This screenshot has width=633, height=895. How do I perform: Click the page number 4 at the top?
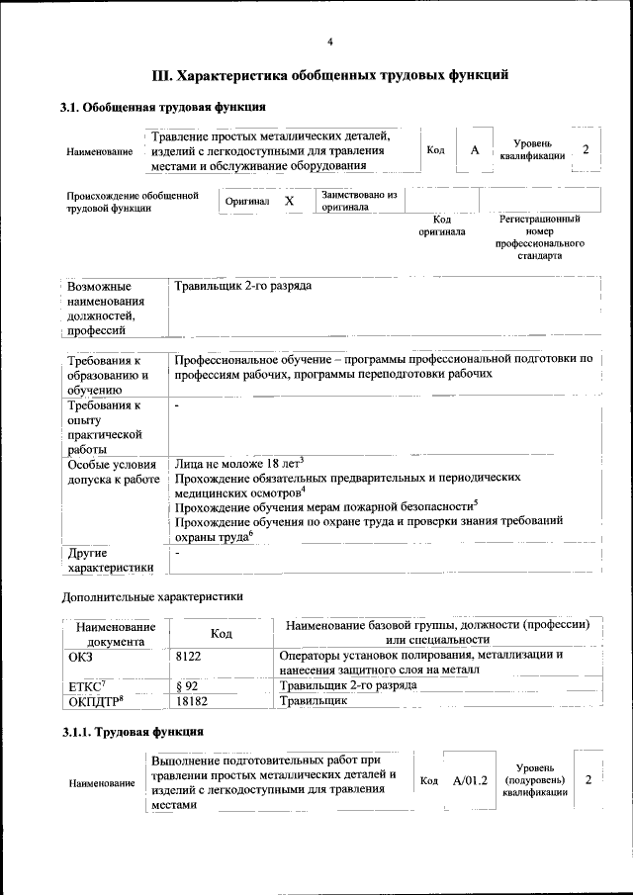point(330,42)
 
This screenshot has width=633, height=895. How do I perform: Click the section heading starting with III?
point(330,74)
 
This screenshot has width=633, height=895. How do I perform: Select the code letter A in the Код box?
point(475,149)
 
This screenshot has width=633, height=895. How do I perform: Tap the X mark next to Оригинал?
point(289,201)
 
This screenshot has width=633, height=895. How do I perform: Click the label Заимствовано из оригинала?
point(357,201)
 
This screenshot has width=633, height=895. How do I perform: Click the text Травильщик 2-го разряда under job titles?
point(243,286)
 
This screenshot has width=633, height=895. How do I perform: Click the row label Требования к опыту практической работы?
point(106,427)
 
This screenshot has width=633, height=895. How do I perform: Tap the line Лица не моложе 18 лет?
point(238,462)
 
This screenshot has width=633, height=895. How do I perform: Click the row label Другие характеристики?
point(109,560)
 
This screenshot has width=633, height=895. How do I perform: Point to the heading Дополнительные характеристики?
point(151,596)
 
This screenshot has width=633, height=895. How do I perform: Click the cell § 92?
point(187,684)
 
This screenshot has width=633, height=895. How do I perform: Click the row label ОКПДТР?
point(95,700)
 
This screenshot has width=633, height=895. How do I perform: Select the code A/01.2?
point(471,780)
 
